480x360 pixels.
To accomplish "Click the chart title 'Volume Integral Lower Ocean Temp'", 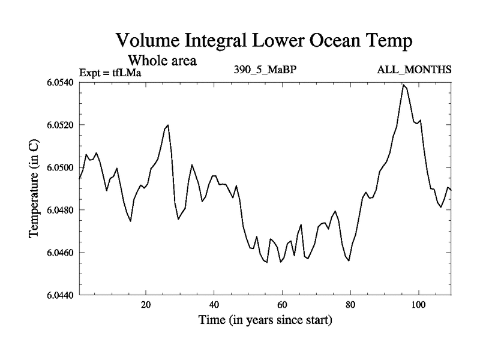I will tap(264, 41).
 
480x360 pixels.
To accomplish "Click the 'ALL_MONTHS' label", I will tap(414, 70).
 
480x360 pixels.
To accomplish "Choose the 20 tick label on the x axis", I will tap(146, 304).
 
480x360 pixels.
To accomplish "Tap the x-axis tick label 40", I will tap(214, 304).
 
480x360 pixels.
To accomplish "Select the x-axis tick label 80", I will tap(350, 304).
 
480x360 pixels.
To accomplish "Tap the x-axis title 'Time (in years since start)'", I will tap(265, 320).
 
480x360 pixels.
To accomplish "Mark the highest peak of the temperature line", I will tap(404, 85).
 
